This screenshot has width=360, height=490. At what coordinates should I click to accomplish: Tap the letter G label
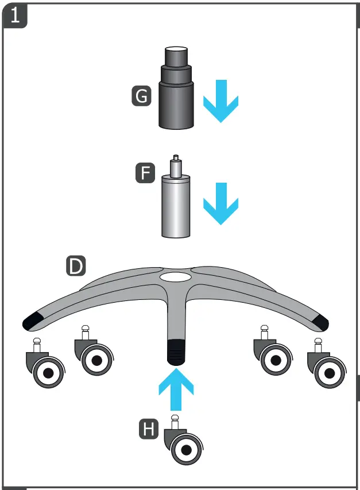pyautogui.click(x=141, y=96)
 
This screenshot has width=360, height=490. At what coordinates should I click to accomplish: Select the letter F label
pyautogui.click(x=145, y=173)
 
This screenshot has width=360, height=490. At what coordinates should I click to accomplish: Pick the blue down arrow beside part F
pyautogui.click(x=220, y=203)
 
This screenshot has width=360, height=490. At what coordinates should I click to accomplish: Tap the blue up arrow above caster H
pyautogui.click(x=176, y=389)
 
